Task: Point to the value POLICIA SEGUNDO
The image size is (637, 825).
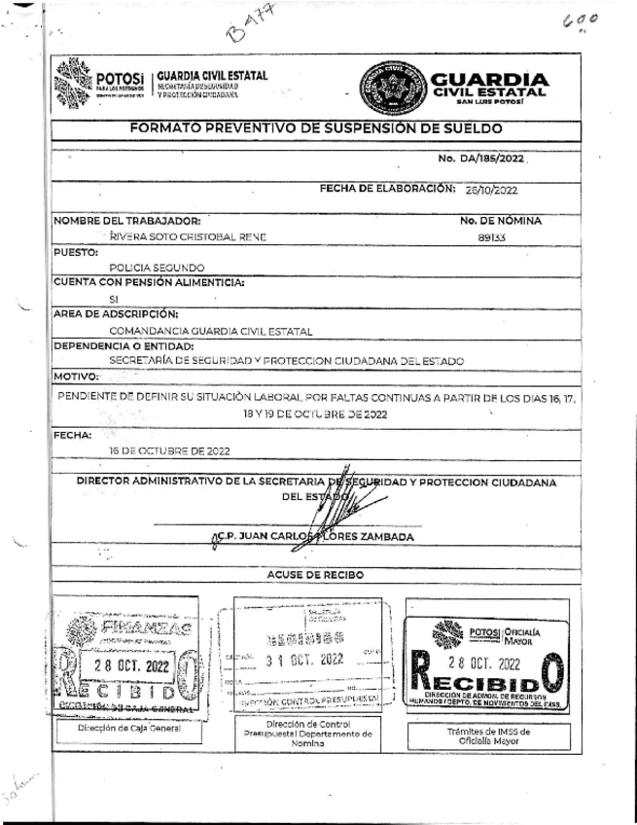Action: (x=157, y=267)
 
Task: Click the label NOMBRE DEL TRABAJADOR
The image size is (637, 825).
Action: (x=127, y=220)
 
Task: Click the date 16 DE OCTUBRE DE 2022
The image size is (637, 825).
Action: (x=169, y=451)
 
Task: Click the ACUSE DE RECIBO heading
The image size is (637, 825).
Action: (x=317, y=575)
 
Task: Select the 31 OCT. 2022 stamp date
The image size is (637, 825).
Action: (x=305, y=659)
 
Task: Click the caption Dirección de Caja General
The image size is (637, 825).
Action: (x=118, y=726)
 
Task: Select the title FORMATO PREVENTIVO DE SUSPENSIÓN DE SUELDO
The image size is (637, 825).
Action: (x=316, y=128)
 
